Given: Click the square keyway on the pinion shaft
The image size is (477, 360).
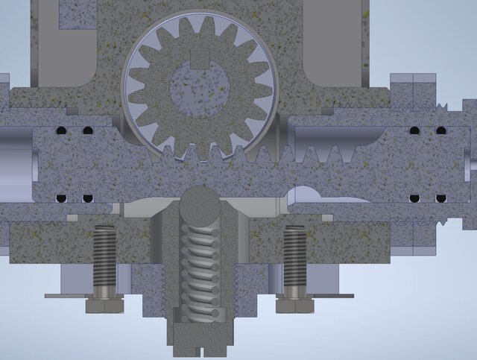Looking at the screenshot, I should tap(200, 57).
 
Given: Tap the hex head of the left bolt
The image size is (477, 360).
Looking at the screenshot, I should tap(104, 306).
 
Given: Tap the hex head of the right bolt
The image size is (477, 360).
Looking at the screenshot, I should tap(294, 306).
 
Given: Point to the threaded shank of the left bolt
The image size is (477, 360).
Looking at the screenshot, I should tap(104, 261).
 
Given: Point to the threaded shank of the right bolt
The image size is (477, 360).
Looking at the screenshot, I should tap(294, 261).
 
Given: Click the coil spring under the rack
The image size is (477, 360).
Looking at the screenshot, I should tap(200, 268).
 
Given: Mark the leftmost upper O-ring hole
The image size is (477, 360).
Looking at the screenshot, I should tap(62, 131).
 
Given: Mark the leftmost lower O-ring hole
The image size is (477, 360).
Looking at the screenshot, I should tap(62, 198).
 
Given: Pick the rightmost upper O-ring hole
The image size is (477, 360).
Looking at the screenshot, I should tap(441, 131).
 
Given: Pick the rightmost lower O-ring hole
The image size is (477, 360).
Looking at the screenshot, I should tap(441, 198).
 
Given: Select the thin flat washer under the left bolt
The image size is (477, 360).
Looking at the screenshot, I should tap(82, 296).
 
